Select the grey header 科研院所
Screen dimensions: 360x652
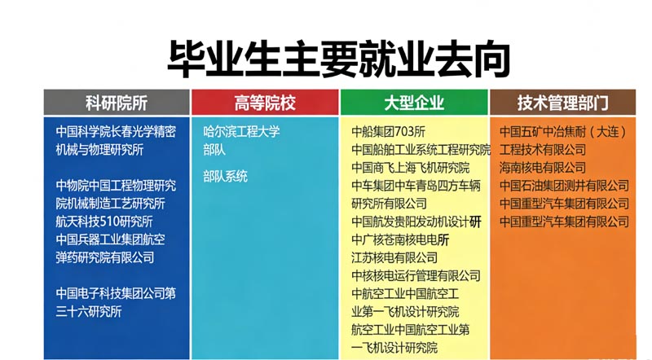coord(117,103)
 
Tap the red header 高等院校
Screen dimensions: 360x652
coord(265,103)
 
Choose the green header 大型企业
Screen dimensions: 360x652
coord(414,103)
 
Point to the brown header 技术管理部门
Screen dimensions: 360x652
coord(562,103)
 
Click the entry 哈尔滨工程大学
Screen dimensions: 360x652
coord(241,131)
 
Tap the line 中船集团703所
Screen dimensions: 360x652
coord(388,131)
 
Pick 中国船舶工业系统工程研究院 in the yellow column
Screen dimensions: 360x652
coord(421,150)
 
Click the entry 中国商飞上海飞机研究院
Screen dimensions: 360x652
coord(410,168)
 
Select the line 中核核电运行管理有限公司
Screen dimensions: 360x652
coord(416,275)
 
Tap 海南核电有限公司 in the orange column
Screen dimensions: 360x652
coord(542,168)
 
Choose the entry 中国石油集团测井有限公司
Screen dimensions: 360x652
coord(564,186)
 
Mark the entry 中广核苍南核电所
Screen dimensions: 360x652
coord(400,239)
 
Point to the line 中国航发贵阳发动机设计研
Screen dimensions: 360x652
coord(416,222)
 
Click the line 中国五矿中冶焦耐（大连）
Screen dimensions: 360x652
coord(564,131)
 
